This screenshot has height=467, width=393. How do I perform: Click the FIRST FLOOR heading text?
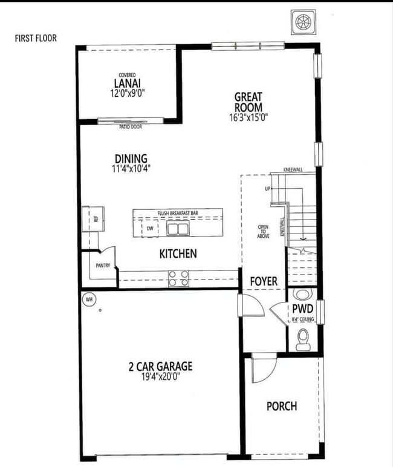click(36, 38)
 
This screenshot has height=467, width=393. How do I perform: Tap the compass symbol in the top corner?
click(300, 21)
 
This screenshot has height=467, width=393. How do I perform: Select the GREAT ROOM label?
click(249, 102)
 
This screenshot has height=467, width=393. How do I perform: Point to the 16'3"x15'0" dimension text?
click(249, 117)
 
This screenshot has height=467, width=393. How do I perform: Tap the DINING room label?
click(131, 159)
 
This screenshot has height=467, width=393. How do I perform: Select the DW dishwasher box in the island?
click(150, 229)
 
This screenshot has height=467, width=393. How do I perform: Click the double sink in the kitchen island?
click(178, 229)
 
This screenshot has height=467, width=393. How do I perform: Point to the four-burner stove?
click(178, 278)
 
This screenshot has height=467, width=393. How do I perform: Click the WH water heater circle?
click(88, 299)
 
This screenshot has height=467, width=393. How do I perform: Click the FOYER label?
click(264, 281)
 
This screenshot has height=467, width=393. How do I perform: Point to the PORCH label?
click(282, 406)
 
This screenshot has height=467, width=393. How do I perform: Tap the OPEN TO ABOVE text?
click(263, 232)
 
